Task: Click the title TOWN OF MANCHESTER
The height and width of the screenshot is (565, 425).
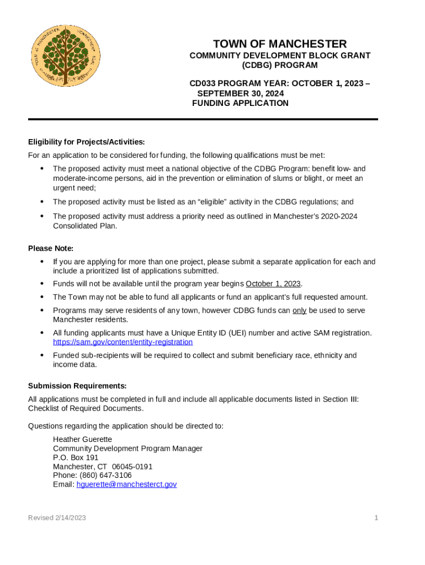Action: tap(280, 44)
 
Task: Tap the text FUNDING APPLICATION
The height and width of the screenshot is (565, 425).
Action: tap(240, 103)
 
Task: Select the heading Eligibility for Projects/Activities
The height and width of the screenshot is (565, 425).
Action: tap(87, 142)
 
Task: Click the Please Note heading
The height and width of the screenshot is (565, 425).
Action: tap(51, 249)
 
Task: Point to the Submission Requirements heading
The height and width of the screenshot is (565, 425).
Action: tap(77, 386)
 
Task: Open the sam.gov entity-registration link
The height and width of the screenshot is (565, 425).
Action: tap(123, 342)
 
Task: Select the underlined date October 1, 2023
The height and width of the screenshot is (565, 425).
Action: tap(273, 284)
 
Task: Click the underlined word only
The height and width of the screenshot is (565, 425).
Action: tap(299, 311)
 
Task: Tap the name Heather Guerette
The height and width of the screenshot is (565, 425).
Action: tap(82, 439)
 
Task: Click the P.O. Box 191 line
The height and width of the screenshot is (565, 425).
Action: tap(76, 457)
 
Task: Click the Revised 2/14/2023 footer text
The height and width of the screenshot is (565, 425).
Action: tap(57, 518)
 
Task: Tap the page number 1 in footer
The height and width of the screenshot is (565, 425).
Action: tap(376, 518)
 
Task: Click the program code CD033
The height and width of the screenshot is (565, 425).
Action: tap(203, 83)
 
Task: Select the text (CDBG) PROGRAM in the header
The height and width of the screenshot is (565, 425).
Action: tap(280, 65)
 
